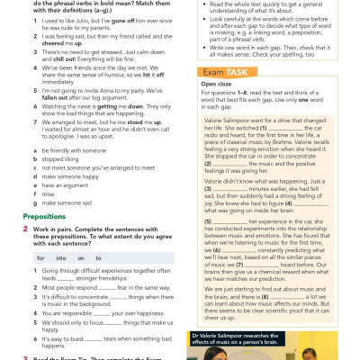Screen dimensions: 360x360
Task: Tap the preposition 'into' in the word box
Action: pyautogui.click(x=66, y=256)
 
